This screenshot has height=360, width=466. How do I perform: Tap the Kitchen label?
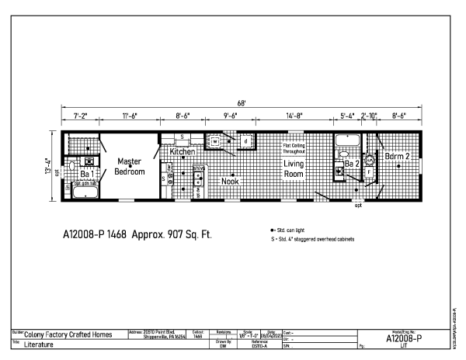pos(183,152)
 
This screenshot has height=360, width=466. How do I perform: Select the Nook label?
pos(230,182)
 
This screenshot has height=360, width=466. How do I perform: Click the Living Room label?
pos(293,170)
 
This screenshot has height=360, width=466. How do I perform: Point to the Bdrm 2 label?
pos(397,157)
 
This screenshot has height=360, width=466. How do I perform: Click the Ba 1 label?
pos(86,174)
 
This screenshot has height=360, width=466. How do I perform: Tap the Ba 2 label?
pos(353,164)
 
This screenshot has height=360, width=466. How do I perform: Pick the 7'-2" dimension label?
pos(80,116)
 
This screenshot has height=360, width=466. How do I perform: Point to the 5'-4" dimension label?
pos(347,116)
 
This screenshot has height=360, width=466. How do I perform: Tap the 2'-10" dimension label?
pos(370,116)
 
